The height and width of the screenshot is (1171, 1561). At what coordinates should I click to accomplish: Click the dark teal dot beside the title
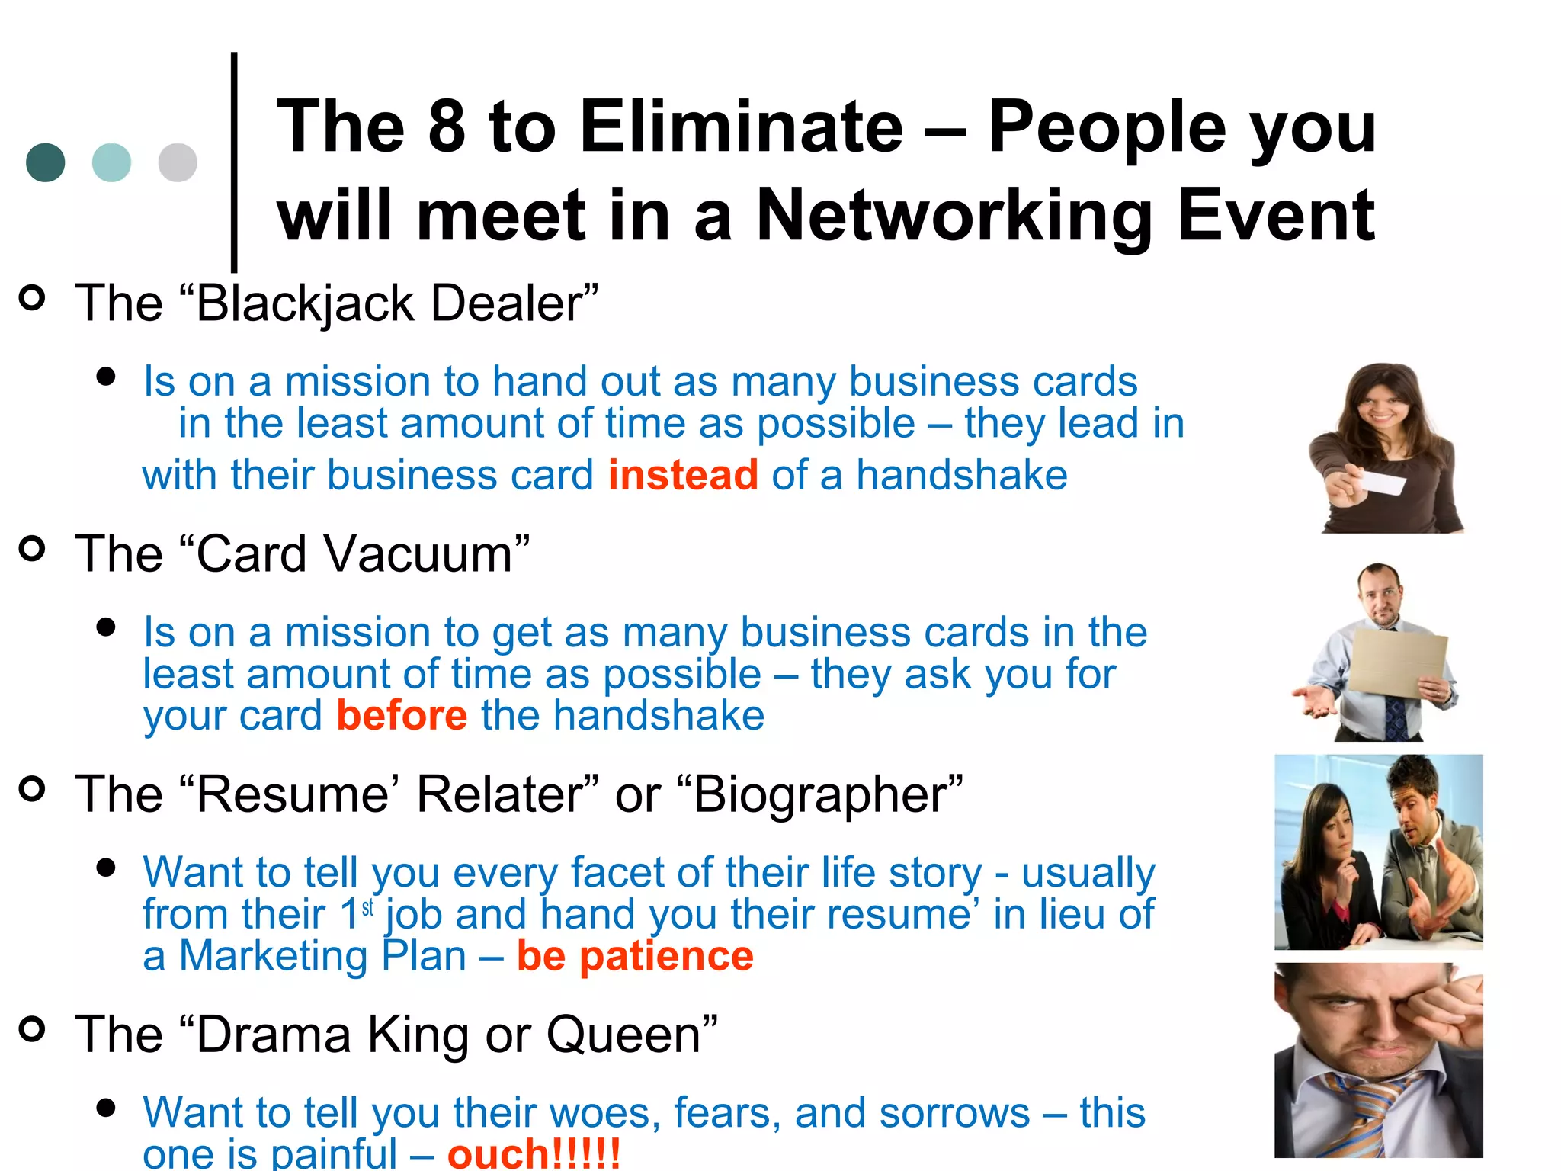coord(45,162)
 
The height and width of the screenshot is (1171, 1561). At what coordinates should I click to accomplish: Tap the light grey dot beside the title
coord(178,162)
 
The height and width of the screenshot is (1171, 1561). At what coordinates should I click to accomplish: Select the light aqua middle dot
coord(111,162)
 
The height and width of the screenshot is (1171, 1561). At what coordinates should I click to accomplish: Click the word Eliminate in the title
coord(741,127)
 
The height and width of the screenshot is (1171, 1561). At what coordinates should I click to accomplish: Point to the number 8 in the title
coord(447,127)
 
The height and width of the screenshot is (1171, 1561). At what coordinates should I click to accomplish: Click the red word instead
coord(683,475)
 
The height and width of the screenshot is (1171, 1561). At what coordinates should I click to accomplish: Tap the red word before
coord(402,716)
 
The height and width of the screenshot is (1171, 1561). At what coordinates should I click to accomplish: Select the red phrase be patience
coord(635,956)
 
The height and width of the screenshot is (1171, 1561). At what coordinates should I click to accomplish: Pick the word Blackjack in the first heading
coord(305,304)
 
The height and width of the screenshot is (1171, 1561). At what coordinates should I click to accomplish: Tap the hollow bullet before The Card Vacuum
coord(32,549)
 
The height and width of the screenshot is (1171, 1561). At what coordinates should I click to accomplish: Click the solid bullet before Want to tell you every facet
coord(106,867)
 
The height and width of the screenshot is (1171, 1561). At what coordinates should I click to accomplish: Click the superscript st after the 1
coord(367,908)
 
